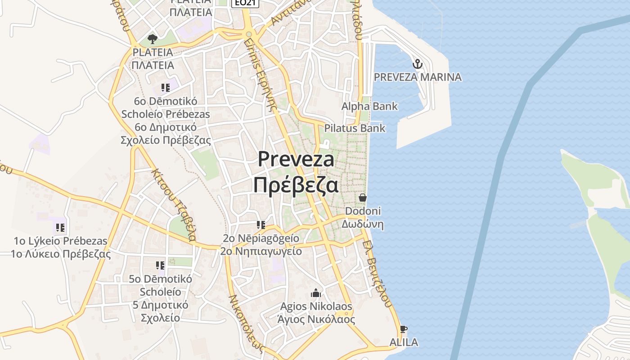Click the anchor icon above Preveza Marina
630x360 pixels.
418,63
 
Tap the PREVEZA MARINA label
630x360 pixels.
418,77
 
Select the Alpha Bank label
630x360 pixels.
369,106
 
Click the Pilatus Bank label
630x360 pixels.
355,128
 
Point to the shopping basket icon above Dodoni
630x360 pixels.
362,197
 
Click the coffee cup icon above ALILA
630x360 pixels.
403,329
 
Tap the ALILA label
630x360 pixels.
403,342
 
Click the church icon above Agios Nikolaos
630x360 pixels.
316,293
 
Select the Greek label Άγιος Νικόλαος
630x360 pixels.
316,319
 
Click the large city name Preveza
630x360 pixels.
296,159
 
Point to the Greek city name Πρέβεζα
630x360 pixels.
295,184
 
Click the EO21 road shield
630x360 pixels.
245,3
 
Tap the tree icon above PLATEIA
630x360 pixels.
152,38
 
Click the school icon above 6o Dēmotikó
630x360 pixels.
165,87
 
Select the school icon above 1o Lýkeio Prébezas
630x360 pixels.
60,227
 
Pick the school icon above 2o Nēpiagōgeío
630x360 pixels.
261,225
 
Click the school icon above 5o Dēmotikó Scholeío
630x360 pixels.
160,265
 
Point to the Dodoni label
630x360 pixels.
363,211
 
